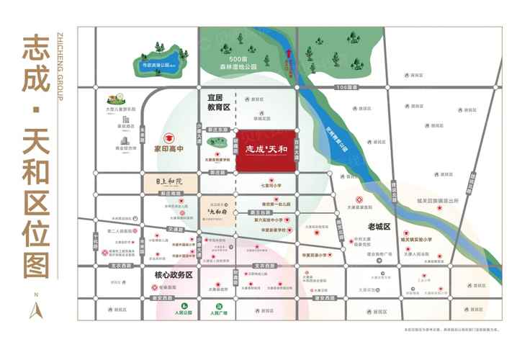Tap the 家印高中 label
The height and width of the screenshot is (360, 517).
coord(169,151)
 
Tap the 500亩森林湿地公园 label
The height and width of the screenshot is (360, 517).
coord(234,63)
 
